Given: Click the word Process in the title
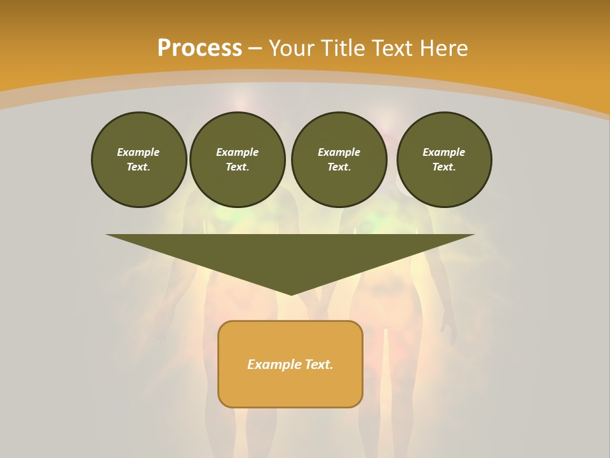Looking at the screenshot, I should (x=200, y=48).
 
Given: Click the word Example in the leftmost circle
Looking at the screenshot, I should (x=139, y=152).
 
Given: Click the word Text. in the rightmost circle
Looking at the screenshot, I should (x=444, y=167).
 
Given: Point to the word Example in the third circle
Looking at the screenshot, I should (x=339, y=152).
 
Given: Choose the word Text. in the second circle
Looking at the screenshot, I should (x=237, y=167).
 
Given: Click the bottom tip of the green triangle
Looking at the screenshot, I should (x=290, y=293).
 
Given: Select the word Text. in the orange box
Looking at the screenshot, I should (x=319, y=364).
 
